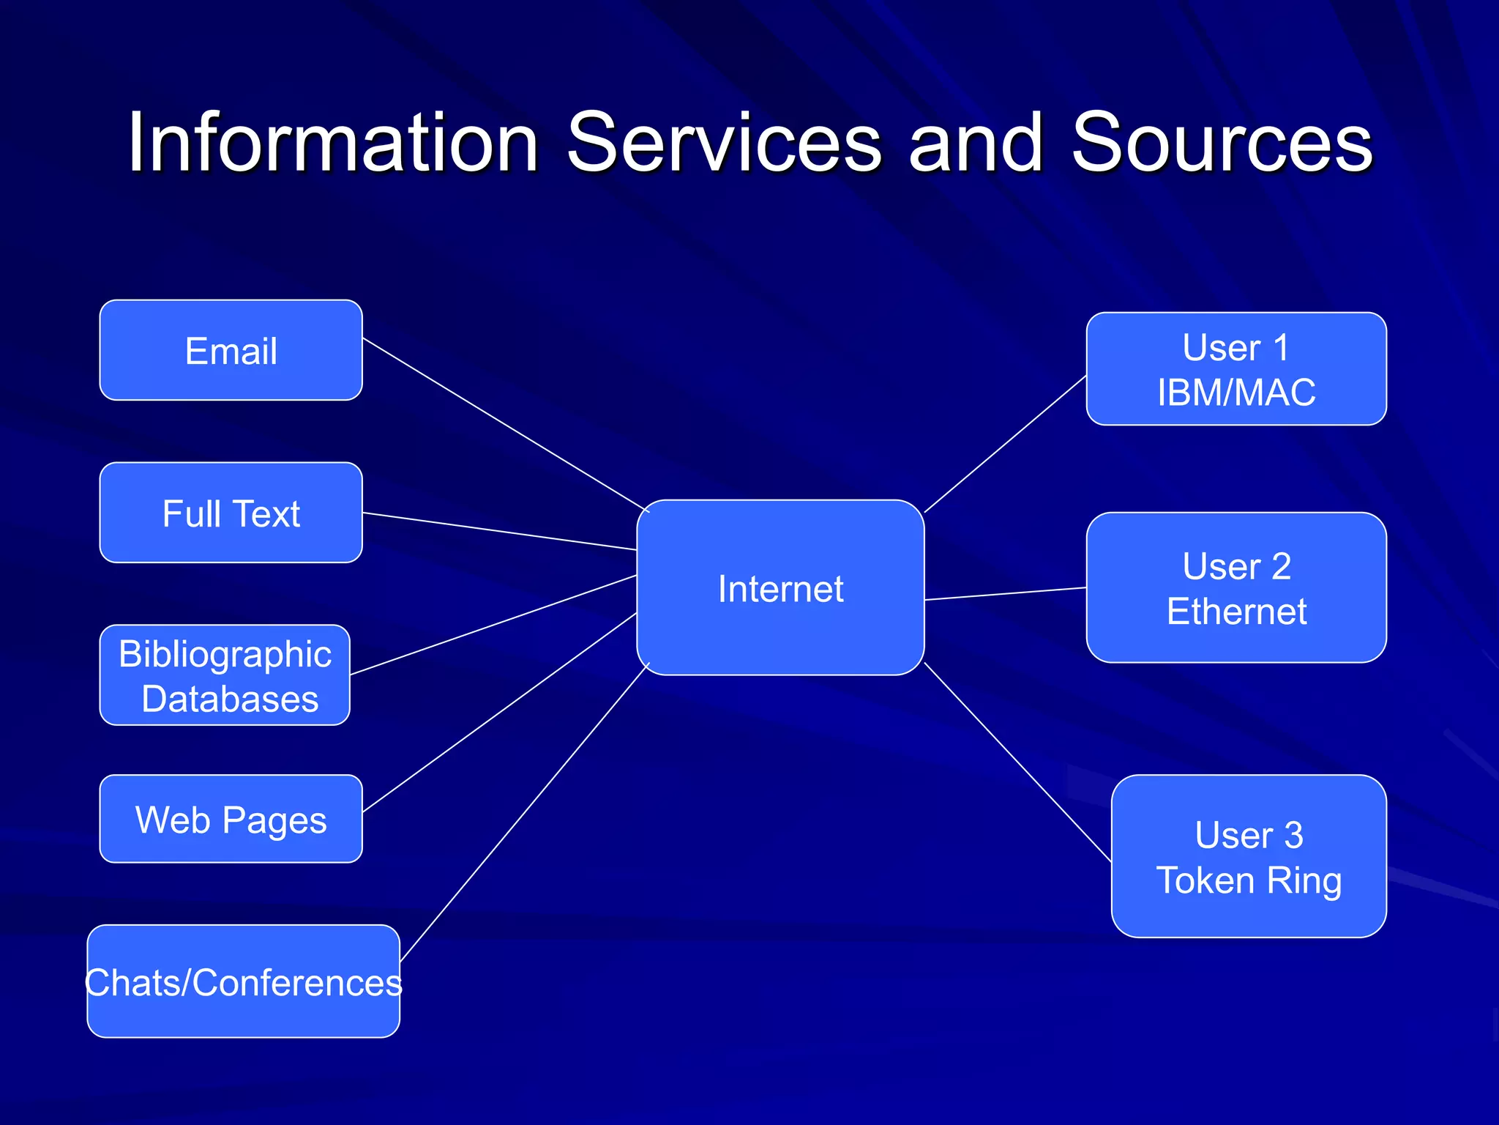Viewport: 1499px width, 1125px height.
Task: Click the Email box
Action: pos(231,350)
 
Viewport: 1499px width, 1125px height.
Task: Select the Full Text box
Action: pos(231,513)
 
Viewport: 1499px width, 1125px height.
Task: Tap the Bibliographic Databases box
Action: pos(225,675)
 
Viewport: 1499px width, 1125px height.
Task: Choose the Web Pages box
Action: pos(231,819)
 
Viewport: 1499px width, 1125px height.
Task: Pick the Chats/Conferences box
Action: pos(243,981)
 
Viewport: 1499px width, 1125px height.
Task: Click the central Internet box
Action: pos(780,588)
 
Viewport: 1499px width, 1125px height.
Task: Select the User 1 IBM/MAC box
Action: pos(1236,369)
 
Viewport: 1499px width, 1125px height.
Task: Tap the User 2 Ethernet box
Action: pos(1236,588)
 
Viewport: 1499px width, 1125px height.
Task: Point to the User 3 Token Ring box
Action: pos(1249,856)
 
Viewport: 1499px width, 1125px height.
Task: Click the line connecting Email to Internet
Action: pos(505,424)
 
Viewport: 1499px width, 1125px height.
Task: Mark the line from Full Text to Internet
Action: pos(499,531)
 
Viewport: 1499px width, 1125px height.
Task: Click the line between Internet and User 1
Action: pos(1005,445)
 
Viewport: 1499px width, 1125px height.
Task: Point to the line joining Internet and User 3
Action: pos(1017,762)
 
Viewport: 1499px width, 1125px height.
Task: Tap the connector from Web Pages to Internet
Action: pos(499,713)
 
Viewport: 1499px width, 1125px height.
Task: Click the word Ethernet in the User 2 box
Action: pos(1236,612)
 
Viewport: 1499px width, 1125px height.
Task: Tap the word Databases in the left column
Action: pos(230,699)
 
